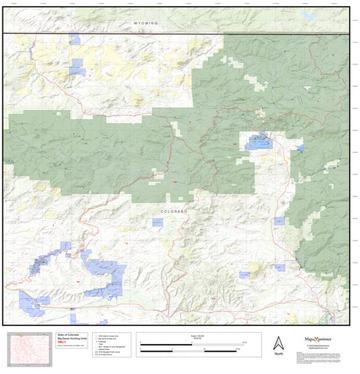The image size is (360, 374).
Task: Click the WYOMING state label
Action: click(146, 23)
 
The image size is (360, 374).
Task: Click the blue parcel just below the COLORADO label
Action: click(157, 223)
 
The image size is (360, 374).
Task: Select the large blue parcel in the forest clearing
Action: click(258, 141)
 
